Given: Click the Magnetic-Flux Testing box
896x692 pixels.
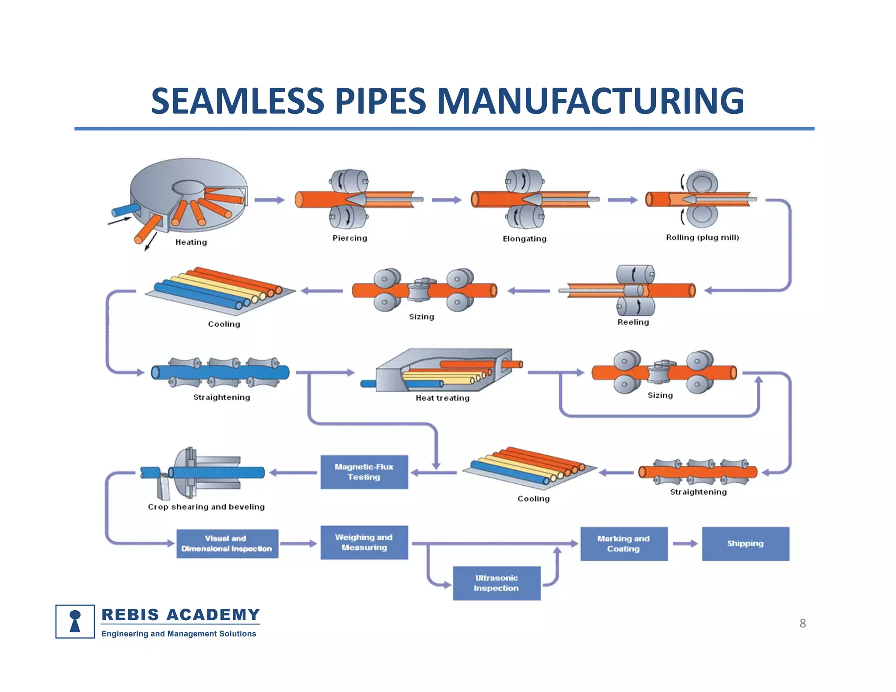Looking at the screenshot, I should coord(364,472).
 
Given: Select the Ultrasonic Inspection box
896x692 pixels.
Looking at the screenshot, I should coord(497,583).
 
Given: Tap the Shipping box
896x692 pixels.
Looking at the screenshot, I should coord(745,544).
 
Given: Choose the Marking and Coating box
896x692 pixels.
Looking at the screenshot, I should coord(624,544).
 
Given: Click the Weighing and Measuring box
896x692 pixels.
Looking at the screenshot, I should coord(364,542).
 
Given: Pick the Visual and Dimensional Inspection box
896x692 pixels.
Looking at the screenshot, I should coord(227,544).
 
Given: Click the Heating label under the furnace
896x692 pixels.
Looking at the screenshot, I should coord(191,242).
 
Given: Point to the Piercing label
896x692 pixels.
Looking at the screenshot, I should coord(350,238).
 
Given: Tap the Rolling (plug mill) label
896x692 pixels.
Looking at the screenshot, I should coord(702,238).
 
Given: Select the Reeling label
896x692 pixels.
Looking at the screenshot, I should coord(633,322).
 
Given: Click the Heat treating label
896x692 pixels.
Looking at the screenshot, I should coord(442,398).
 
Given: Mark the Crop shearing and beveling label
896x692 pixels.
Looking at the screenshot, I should coord(206,507).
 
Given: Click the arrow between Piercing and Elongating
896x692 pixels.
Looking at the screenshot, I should coord(446,200).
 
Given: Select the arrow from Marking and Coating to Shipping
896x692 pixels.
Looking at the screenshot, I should coord(685,544).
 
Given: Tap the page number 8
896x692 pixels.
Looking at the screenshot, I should coord(802,623).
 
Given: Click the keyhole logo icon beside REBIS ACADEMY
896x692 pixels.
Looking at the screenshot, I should coord(75,621).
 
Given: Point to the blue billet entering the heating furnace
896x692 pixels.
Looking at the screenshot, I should coord(125,210).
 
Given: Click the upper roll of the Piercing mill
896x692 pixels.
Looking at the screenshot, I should coord(349,181).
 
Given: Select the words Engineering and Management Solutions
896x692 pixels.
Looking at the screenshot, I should coord(178,634).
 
